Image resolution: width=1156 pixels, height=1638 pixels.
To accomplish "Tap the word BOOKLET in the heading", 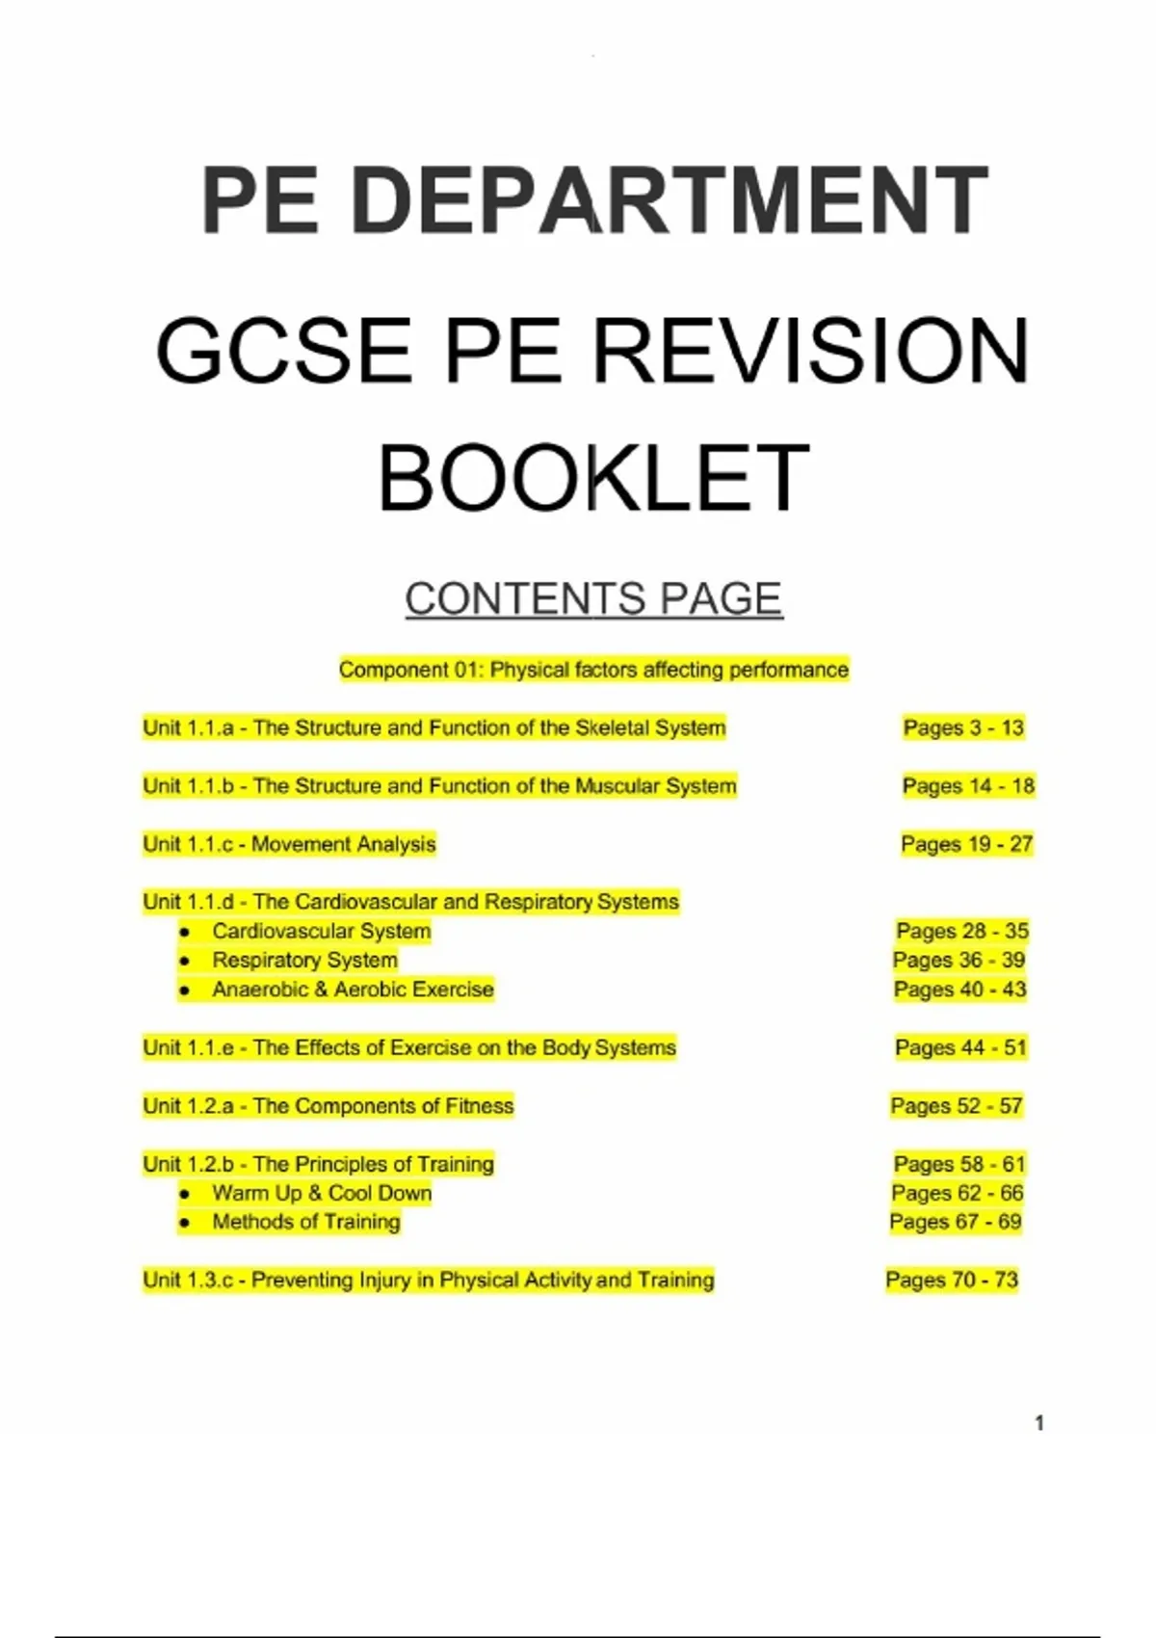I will [592, 478].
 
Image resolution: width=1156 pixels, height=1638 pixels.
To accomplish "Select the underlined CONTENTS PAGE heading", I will [593, 598].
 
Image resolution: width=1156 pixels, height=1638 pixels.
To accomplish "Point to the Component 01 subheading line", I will [593, 670].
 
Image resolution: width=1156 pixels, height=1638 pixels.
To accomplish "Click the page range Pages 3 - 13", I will [963, 727].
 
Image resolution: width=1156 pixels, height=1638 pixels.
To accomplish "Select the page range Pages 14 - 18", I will [968, 786].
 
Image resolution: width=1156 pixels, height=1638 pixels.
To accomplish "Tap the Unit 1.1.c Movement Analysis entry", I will [289, 844].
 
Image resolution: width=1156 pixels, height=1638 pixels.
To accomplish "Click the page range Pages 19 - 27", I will [966, 844].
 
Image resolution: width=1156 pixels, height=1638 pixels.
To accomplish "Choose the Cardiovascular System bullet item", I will [321, 931].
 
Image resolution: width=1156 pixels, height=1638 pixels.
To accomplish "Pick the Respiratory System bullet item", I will [304, 960].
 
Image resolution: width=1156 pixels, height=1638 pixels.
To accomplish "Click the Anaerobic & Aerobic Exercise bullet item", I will [353, 990].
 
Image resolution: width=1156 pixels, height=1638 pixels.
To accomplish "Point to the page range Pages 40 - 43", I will [959, 990].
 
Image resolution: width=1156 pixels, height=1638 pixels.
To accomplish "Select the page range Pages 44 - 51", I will [960, 1047].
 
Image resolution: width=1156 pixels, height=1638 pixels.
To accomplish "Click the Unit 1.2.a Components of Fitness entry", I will [328, 1106].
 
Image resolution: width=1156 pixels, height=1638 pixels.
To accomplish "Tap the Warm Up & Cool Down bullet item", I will [322, 1193].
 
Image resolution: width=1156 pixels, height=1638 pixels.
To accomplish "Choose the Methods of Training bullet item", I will [305, 1222].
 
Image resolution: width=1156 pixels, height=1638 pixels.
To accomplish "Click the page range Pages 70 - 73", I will [952, 1280].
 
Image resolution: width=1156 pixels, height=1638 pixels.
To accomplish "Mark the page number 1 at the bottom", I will [1039, 1423].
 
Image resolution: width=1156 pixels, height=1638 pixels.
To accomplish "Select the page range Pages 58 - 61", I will [959, 1164].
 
